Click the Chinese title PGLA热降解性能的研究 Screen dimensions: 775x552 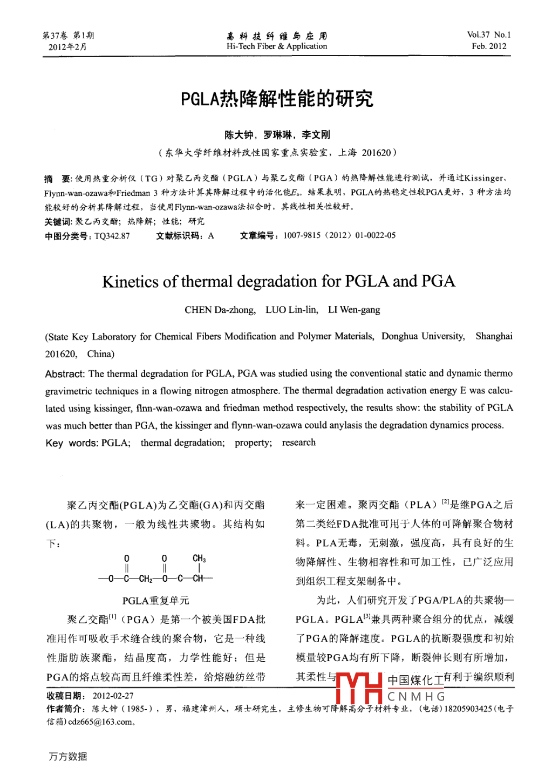pyautogui.click(x=276, y=99)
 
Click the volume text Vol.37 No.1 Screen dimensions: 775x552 pyautogui.click(x=488, y=35)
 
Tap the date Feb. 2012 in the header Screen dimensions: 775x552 pyautogui.click(x=489, y=46)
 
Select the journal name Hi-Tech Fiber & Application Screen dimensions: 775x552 pyautogui.click(x=276, y=46)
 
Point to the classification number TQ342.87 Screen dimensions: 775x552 pyautogui.click(x=112, y=236)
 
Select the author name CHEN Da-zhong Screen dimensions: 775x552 pyautogui.click(x=220, y=310)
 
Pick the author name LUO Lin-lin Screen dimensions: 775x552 pyautogui.click(x=291, y=310)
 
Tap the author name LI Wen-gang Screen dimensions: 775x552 pyautogui.click(x=354, y=310)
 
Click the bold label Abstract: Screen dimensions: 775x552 pyautogui.click(x=65, y=374)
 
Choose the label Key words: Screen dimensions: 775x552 pyautogui.click(x=71, y=443)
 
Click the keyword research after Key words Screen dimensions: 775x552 pyautogui.click(x=298, y=443)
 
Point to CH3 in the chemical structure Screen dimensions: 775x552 pyautogui.click(x=199, y=559)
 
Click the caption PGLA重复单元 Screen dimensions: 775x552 pyautogui.click(x=155, y=601)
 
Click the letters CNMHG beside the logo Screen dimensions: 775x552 pyautogui.click(x=416, y=697)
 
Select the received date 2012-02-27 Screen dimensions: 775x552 pyautogui.click(x=113, y=696)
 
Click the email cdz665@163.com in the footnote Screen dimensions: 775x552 pyautogui.click(x=100, y=722)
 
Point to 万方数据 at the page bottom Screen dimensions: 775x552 pyautogui.click(x=67, y=757)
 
